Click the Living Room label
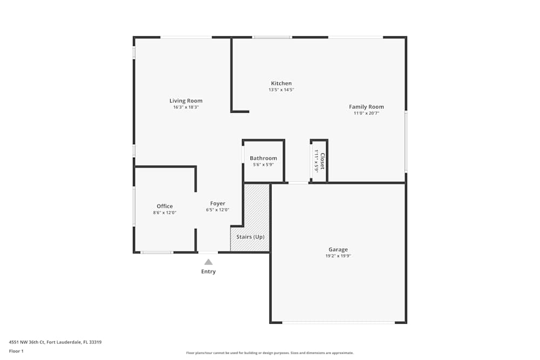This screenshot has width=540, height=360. tap(186, 101)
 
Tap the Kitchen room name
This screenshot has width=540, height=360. tap(281, 83)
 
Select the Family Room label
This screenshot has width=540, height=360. tap(366, 107)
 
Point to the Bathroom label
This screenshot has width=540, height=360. tap(263, 158)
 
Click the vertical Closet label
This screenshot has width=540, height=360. tap(322, 161)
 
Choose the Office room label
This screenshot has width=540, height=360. tap(165, 206)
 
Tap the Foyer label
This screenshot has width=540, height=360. tap(218, 203)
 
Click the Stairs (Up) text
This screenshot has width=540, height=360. tap(250, 237)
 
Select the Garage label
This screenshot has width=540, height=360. tap(338, 249)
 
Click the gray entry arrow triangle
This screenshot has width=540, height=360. tap(208, 262)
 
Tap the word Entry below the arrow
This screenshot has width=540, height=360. tap(208, 271)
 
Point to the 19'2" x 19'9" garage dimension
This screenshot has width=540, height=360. tap(338, 256)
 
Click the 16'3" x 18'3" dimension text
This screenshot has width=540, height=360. tap(186, 107)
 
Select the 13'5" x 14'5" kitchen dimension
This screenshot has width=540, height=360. tap(281, 90)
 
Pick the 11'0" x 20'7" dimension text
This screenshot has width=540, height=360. tap(366, 113)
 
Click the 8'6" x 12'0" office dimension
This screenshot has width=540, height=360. tap(165, 213)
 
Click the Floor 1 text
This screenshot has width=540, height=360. tap(16, 351)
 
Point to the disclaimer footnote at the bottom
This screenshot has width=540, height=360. tap(270, 353)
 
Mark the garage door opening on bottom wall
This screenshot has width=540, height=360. tap(338, 323)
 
